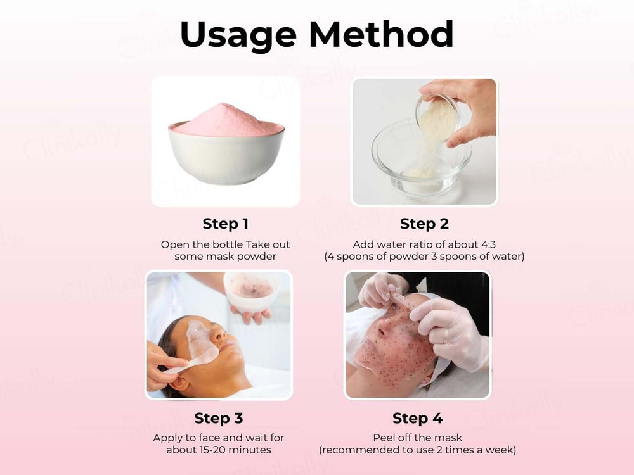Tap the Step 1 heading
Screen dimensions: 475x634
click(x=225, y=224)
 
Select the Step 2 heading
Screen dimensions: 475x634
click(x=424, y=224)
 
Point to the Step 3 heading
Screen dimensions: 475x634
click(x=218, y=418)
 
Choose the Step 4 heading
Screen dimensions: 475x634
click(x=417, y=418)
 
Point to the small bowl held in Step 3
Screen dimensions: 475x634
click(x=252, y=291)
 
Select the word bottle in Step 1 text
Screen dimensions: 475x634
click(x=226, y=244)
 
